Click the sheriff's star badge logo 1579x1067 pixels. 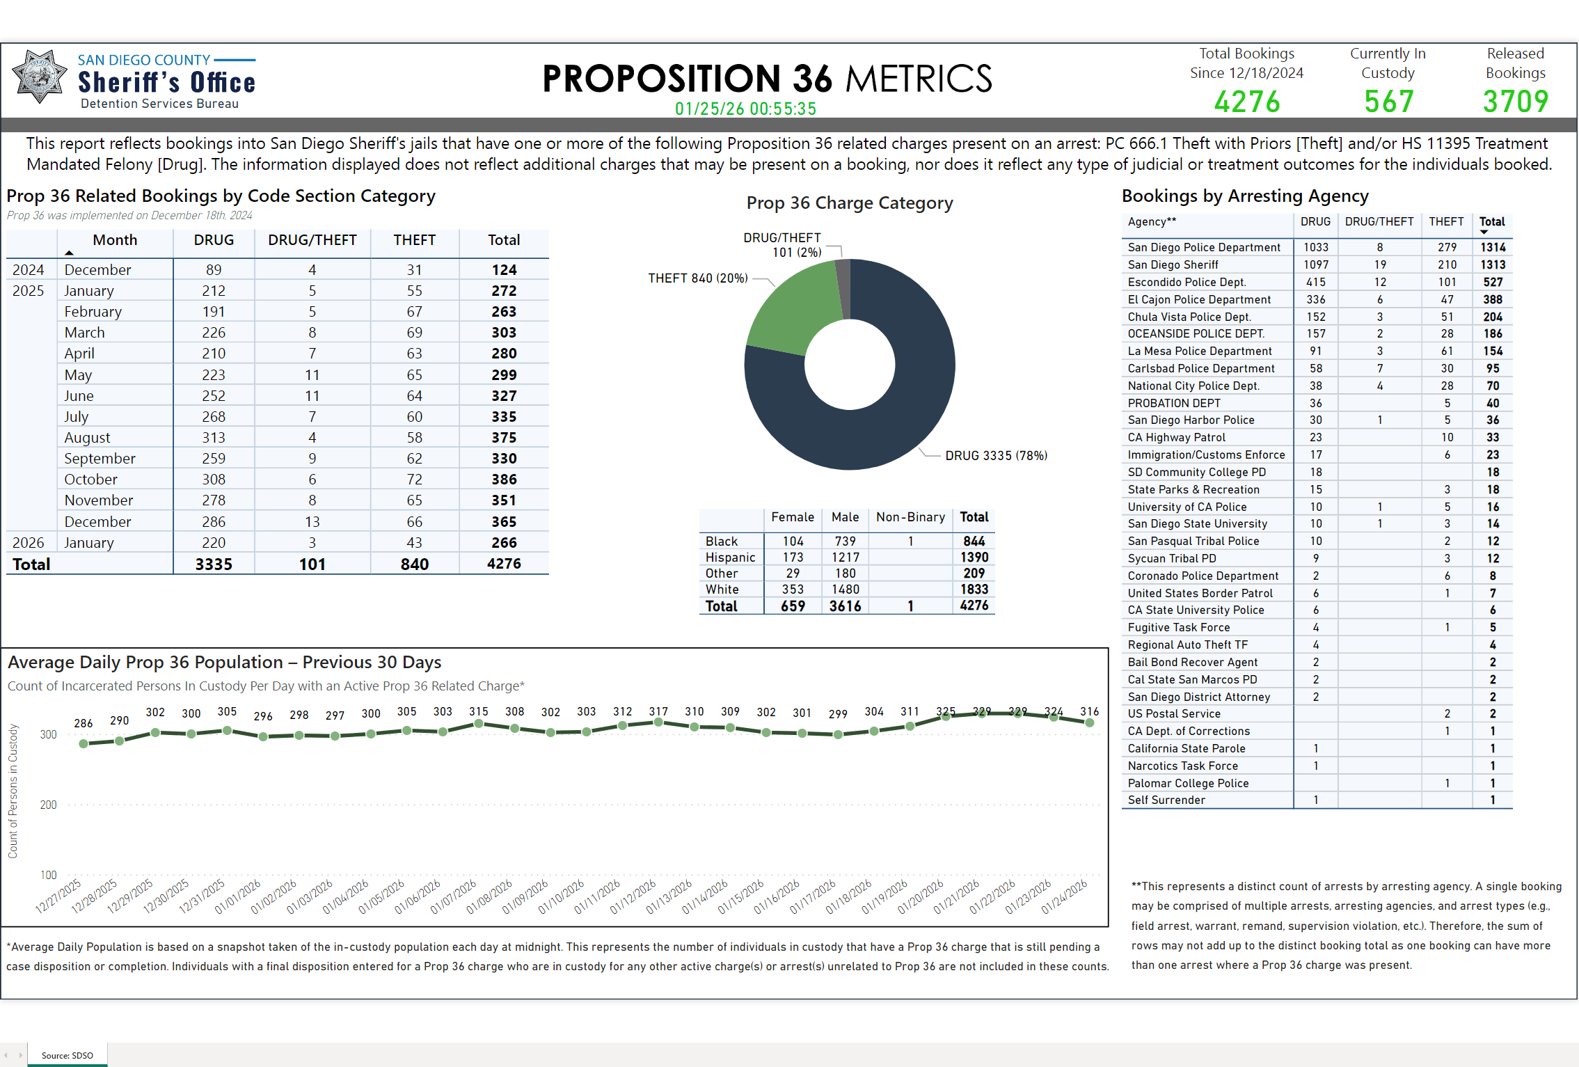click(x=40, y=77)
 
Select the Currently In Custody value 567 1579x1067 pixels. click(x=1388, y=102)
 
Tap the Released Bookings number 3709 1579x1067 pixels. click(x=1515, y=102)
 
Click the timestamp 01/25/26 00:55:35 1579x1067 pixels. click(x=745, y=109)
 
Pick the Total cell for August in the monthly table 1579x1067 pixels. click(x=504, y=438)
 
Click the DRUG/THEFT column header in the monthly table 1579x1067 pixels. click(x=312, y=240)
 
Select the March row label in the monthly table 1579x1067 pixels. click(x=84, y=333)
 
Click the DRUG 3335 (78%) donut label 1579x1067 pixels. click(x=996, y=456)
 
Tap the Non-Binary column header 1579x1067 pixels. click(x=910, y=517)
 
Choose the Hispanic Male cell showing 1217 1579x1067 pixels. click(x=845, y=558)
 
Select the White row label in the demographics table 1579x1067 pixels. click(x=722, y=590)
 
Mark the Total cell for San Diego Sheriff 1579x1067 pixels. click(x=1493, y=264)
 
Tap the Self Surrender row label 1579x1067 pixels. click(x=1166, y=800)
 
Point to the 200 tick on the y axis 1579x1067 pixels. click(x=49, y=805)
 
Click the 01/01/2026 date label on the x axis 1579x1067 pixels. click(x=238, y=896)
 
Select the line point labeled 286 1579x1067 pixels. click(x=84, y=743)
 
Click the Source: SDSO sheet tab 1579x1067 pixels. click(x=67, y=1055)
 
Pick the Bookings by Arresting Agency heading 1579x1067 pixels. click(x=1245, y=196)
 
